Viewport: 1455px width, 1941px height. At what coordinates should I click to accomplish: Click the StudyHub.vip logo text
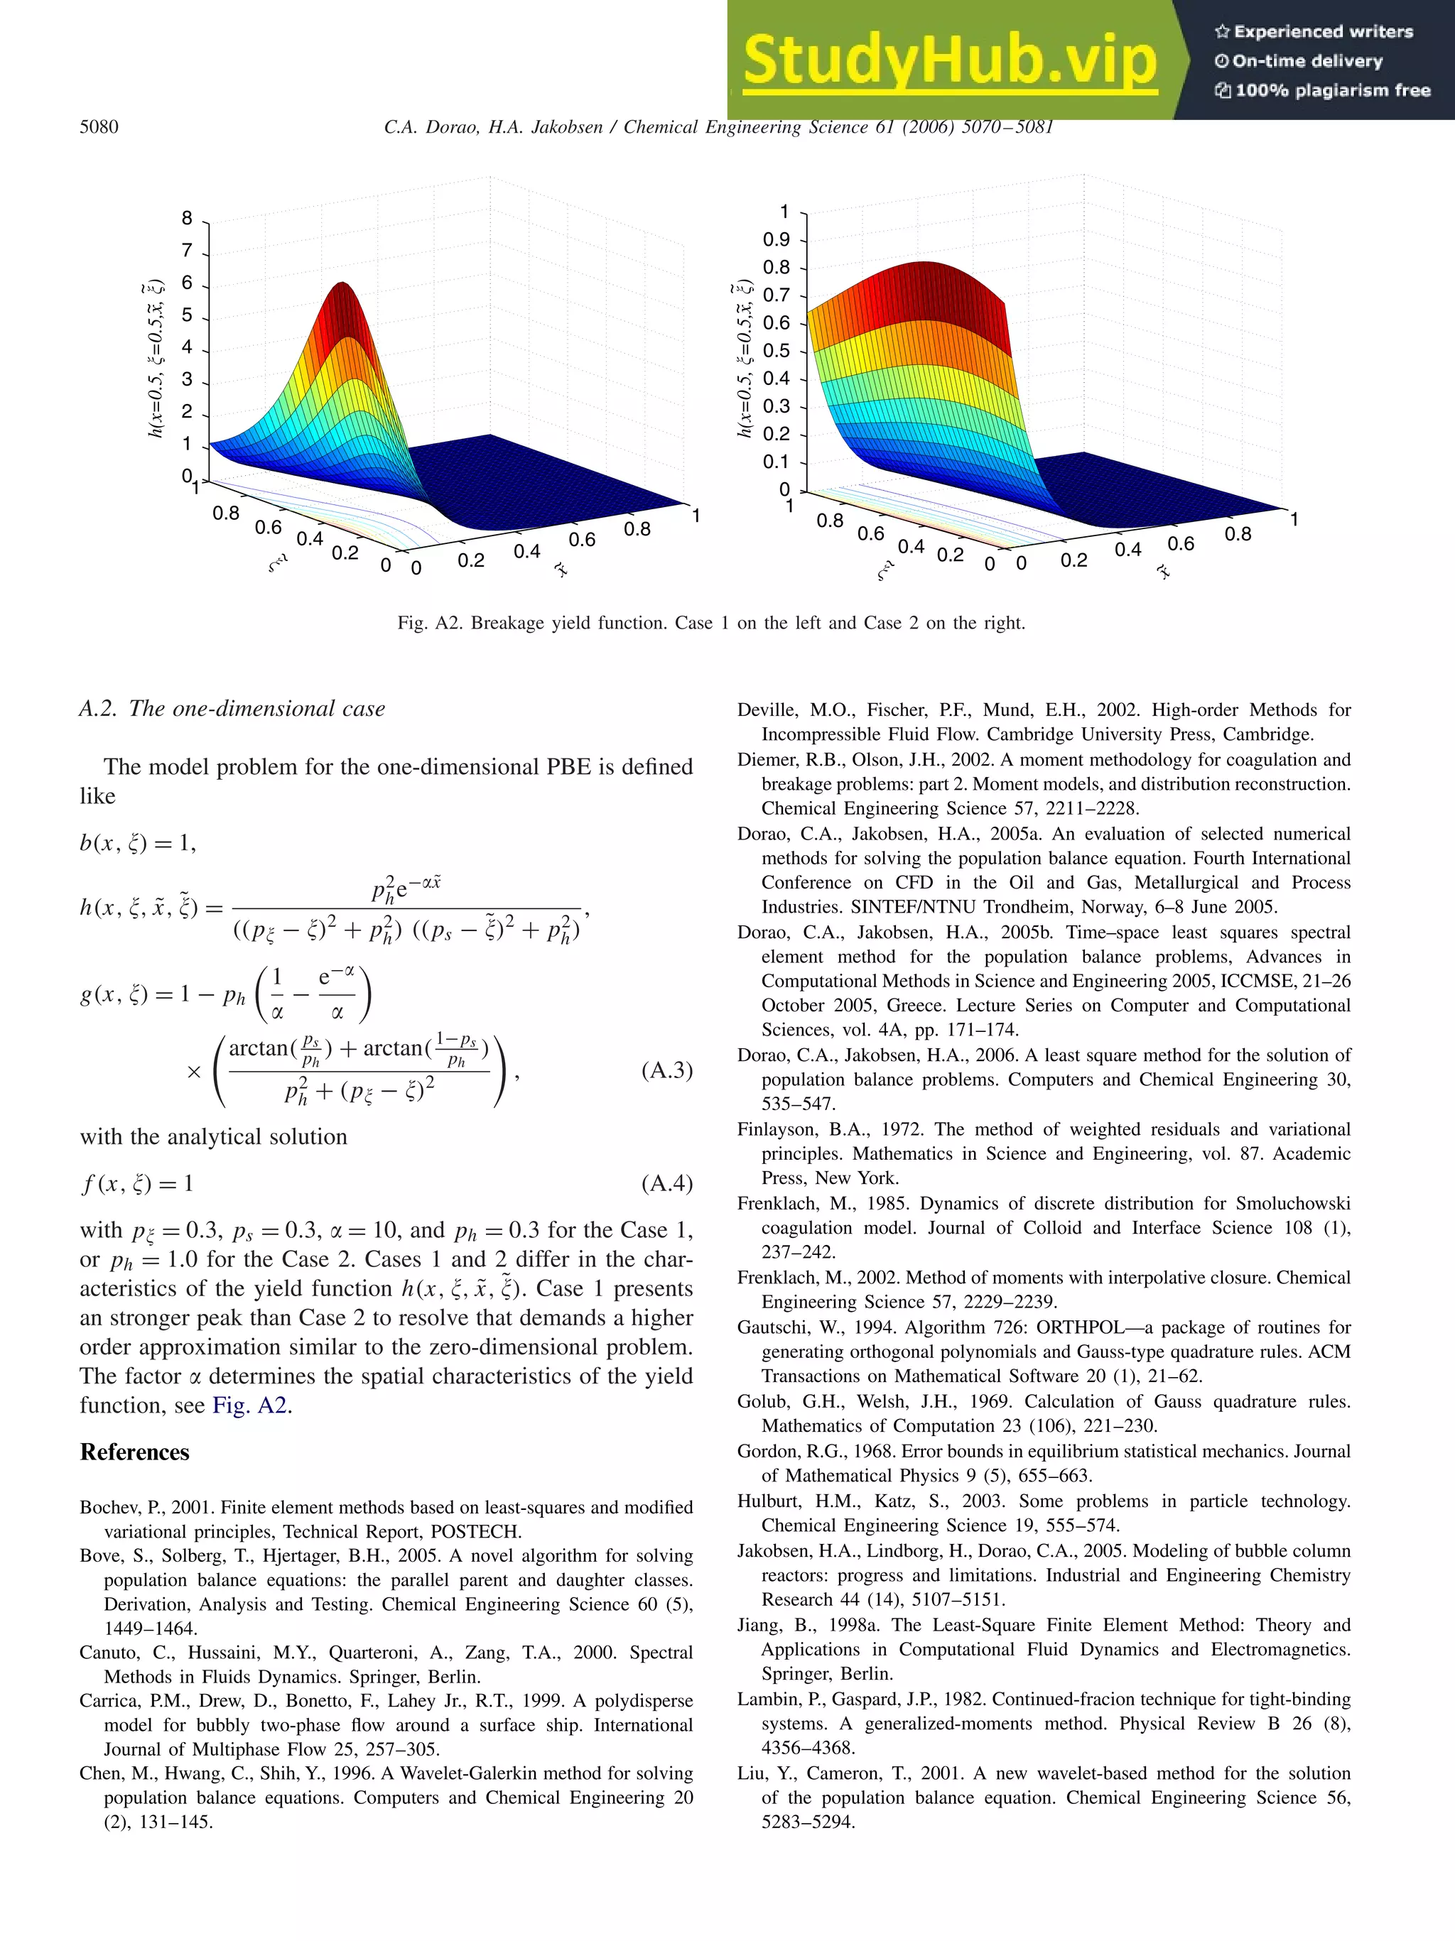pyautogui.click(x=950, y=60)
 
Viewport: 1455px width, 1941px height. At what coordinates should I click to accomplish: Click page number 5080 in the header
pyautogui.click(x=99, y=126)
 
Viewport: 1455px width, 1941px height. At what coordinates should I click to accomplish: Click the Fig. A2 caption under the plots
pyautogui.click(x=711, y=623)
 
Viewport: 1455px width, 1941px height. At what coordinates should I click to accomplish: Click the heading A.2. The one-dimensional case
pyautogui.click(x=232, y=709)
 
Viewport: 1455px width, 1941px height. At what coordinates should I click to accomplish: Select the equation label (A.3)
pyautogui.click(x=666, y=1070)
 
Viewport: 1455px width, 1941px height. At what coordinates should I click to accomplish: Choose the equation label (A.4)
pyautogui.click(x=666, y=1184)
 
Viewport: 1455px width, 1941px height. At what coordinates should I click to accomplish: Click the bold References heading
pyautogui.click(x=134, y=1452)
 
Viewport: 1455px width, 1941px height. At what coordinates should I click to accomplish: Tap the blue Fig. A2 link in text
pyautogui.click(x=250, y=1405)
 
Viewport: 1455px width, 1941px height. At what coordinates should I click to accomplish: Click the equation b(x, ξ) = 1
pyautogui.click(x=138, y=843)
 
